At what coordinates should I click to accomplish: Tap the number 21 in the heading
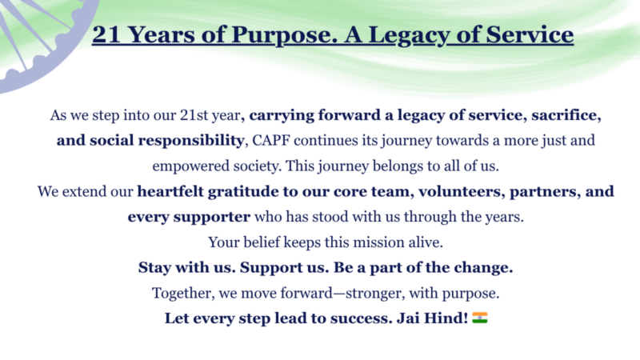(106, 34)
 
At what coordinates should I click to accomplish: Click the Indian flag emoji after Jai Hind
(480, 318)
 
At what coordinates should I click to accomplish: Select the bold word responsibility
(191, 142)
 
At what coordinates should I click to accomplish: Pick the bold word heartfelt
(170, 191)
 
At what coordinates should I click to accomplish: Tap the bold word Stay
(154, 268)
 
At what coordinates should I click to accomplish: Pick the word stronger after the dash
(375, 294)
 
